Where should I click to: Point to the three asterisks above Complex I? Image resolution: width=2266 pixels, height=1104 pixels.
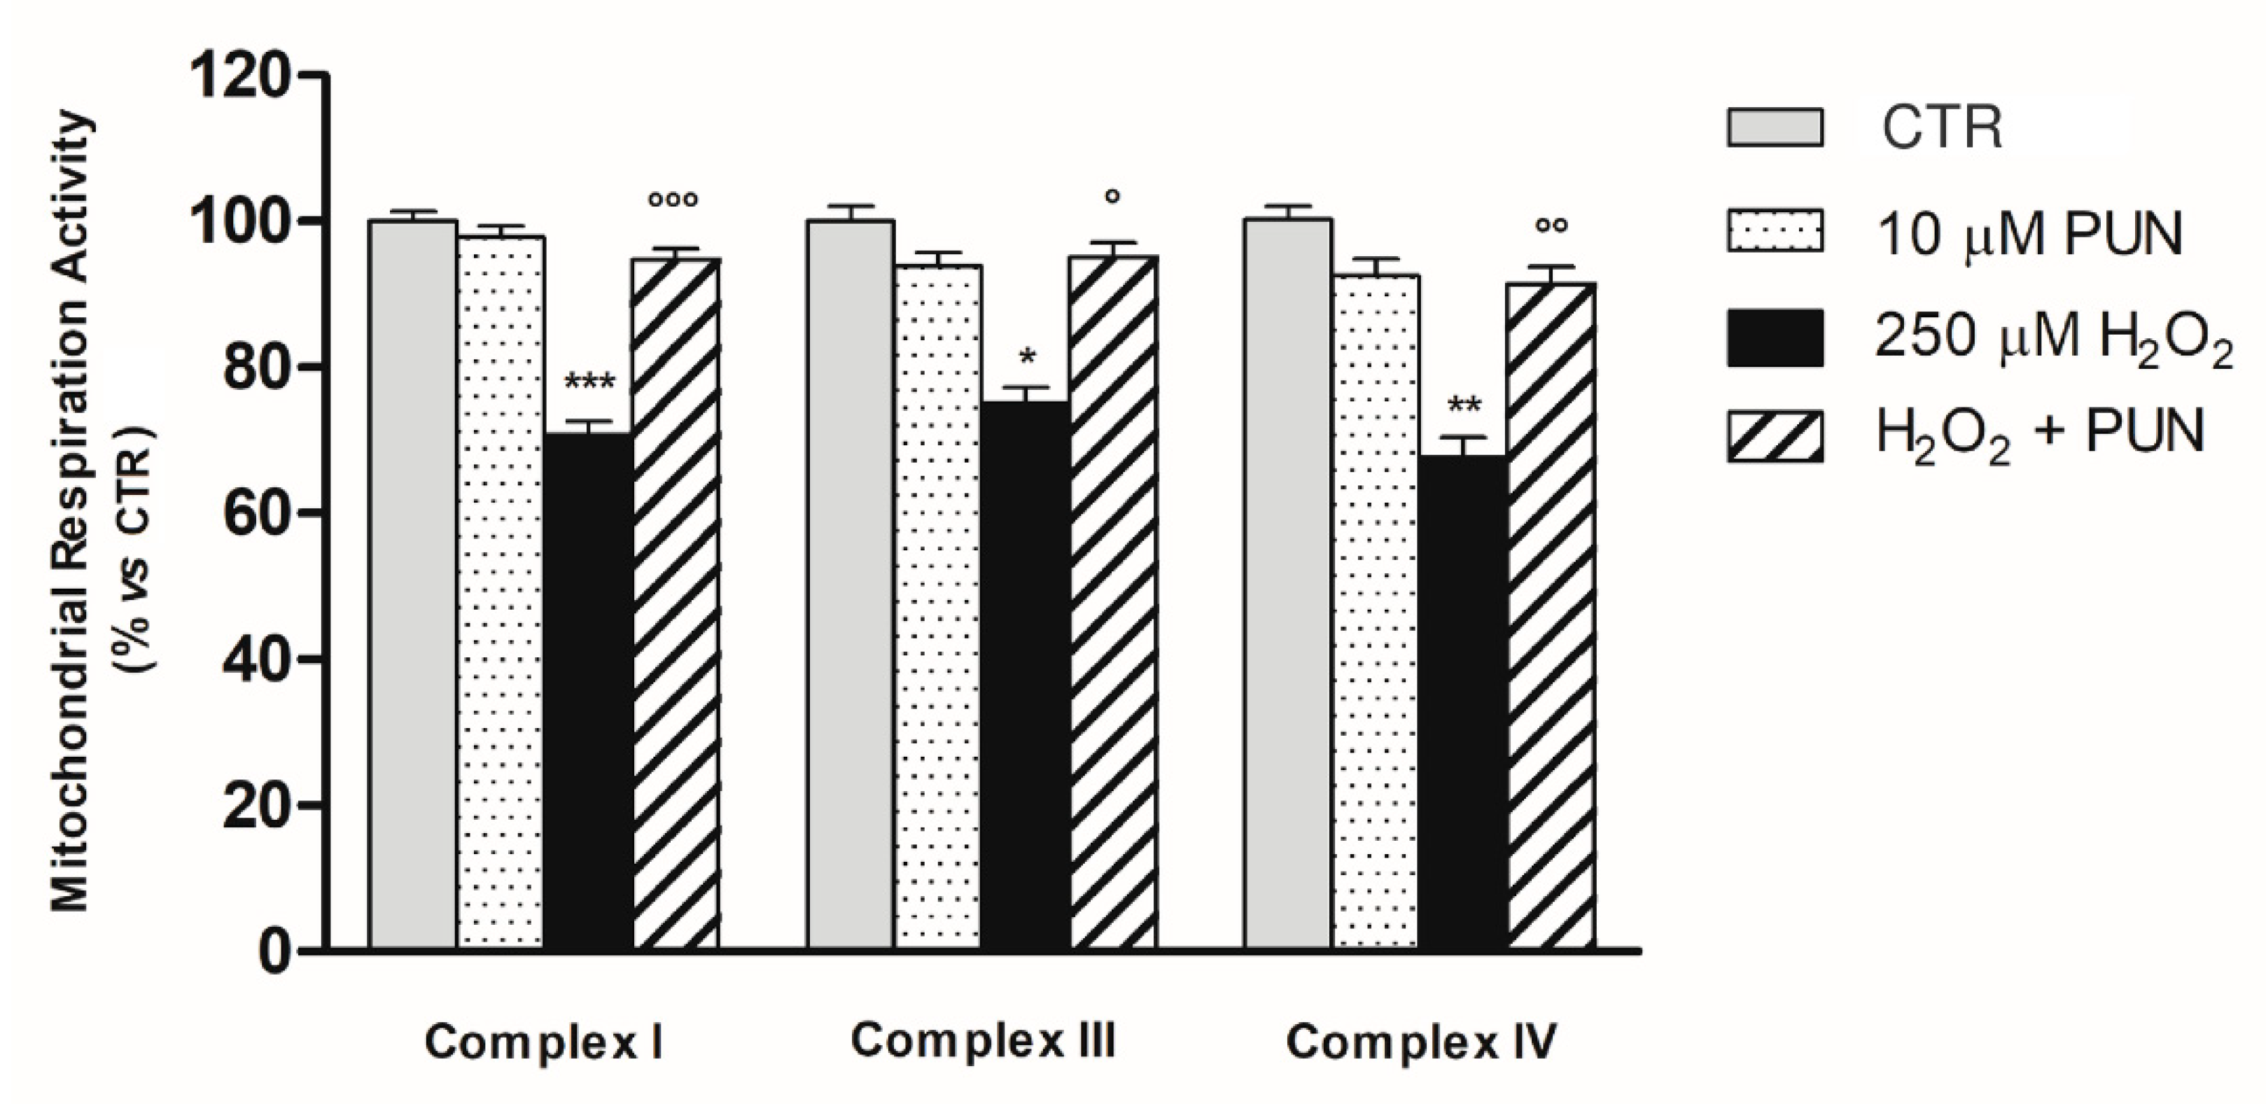coord(589,383)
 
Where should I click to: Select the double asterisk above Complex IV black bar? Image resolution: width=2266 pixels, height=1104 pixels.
coord(1464,407)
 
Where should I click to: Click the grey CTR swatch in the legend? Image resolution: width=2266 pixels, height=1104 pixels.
coord(1775,127)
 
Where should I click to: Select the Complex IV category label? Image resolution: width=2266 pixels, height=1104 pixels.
coord(1420,1042)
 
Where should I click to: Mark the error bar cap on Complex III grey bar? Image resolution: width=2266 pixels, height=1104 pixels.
coord(851,206)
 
